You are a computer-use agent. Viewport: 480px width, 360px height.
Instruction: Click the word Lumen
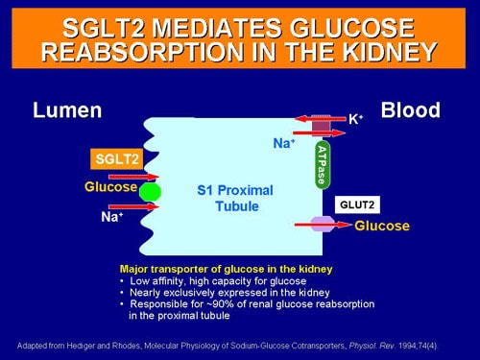[x=67, y=110]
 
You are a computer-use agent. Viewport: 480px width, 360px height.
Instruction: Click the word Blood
[x=410, y=109]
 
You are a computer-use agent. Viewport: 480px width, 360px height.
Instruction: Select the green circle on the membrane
[x=149, y=191]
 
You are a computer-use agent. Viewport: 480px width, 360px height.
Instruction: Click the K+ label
[x=354, y=120]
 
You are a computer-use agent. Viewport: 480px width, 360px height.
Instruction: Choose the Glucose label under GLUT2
[x=382, y=227]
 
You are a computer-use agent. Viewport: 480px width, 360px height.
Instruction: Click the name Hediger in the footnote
[x=83, y=343]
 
